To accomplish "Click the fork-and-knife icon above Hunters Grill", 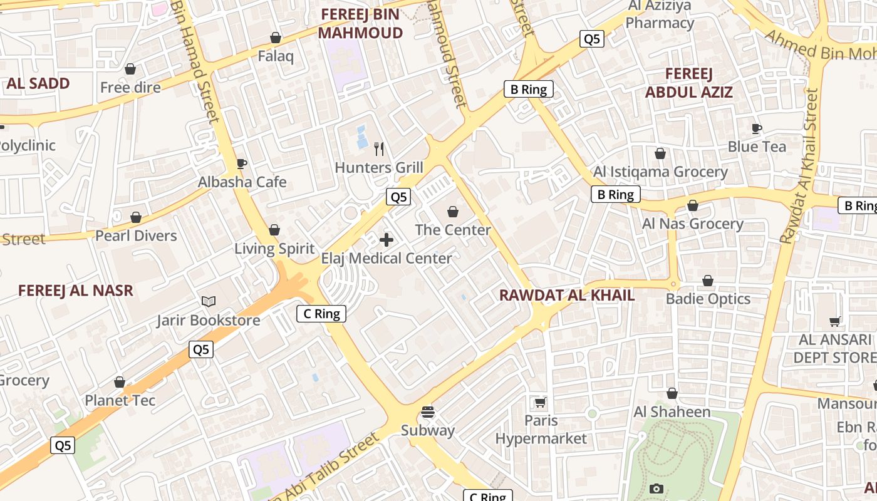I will point(379,148).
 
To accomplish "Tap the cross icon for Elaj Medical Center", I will point(387,239).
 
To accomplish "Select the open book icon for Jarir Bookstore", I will point(209,302).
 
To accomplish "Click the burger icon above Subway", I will point(428,412).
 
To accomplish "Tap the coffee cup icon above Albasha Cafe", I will point(242,164).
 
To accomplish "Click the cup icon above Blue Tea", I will point(757,128).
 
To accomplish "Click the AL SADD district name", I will point(38,83).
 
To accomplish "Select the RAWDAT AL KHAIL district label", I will point(567,296).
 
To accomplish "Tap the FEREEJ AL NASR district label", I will point(76,291).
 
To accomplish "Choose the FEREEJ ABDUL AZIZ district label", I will point(689,83).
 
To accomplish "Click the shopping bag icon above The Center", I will point(453,212).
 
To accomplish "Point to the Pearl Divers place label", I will point(136,236).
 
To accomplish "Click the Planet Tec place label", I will point(120,400).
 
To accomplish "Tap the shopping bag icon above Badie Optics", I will point(708,281).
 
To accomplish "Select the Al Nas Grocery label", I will point(693,224).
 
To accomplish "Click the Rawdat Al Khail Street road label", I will point(799,166).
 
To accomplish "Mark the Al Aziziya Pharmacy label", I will point(660,15).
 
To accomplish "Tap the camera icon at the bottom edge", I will point(656,488).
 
